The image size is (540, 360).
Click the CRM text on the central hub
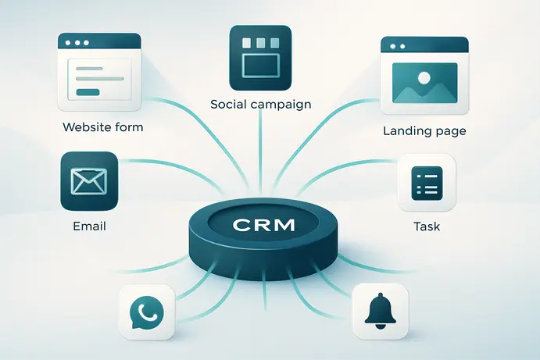coord(264,225)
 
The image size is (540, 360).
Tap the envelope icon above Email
coord(89,181)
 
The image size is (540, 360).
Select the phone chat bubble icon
coord(146,312)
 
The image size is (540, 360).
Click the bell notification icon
coord(381,311)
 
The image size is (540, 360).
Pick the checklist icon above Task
coord(427,183)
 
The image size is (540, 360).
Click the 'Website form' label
coord(103,127)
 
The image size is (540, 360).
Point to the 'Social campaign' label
coord(261,104)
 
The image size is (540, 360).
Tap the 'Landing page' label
coord(424,131)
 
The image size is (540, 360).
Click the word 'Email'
coord(89,226)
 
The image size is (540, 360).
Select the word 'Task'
coord(427,226)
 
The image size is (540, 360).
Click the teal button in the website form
coord(88,92)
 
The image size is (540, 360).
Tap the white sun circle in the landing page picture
coord(424,78)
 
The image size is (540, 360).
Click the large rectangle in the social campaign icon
coord(261,66)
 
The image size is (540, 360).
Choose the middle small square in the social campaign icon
coord(261,43)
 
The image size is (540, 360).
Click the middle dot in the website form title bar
coord(77,43)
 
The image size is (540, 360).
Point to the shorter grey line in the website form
coord(89,69)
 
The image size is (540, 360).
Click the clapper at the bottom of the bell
coord(381,326)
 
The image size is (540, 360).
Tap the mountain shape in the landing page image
coord(425,93)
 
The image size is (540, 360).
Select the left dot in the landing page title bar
coord(393,46)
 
